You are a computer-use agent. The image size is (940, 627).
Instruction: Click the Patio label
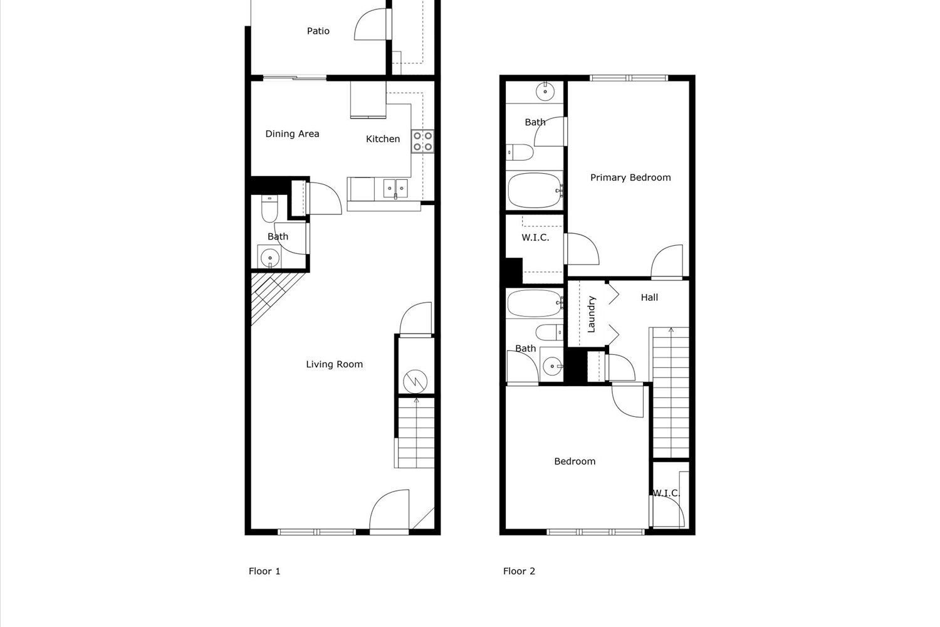318,31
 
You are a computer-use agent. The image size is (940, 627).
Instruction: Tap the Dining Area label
292,134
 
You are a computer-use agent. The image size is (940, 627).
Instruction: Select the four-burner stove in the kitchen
423,141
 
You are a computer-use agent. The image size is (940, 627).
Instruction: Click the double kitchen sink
395,187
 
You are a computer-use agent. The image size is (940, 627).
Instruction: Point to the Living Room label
334,364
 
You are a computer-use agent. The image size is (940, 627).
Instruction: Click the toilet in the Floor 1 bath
269,209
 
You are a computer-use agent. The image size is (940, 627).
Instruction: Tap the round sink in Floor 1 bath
270,257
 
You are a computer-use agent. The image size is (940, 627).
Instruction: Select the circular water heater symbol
415,381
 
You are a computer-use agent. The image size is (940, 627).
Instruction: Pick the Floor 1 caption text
264,571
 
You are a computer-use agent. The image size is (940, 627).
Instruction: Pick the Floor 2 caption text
519,571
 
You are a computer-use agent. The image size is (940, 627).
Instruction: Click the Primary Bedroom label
630,177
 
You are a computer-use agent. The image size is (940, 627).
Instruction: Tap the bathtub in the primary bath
535,191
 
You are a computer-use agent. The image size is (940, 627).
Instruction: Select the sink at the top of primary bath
545,92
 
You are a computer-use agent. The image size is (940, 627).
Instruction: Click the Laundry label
591,313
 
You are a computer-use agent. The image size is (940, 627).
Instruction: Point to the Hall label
649,297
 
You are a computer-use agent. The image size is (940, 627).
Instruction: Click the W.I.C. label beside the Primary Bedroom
535,238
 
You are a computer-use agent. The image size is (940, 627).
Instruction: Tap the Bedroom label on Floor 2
575,461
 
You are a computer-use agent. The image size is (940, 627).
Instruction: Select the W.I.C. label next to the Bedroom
666,493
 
